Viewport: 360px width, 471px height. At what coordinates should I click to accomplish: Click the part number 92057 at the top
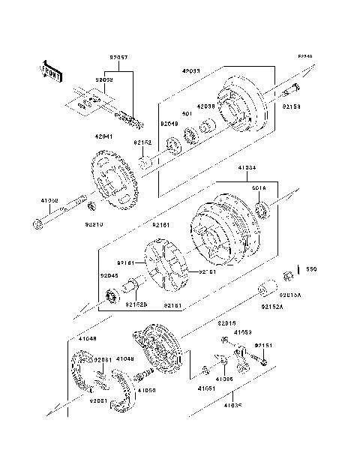[x=118, y=57]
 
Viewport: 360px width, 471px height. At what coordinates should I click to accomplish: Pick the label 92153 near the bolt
[x=292, y=107]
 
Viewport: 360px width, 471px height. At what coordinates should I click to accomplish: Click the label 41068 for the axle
[x=49, y=201]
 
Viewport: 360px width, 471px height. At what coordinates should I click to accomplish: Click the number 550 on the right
[x=311, y=268]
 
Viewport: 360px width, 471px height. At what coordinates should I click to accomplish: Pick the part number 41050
[x=146, y=390]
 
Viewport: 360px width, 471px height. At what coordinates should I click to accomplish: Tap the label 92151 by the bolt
[x=263, y=345]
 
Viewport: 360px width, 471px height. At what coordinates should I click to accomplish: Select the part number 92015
[x=227, y=323]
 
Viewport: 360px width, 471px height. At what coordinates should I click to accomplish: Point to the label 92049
[x=169, y=124]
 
